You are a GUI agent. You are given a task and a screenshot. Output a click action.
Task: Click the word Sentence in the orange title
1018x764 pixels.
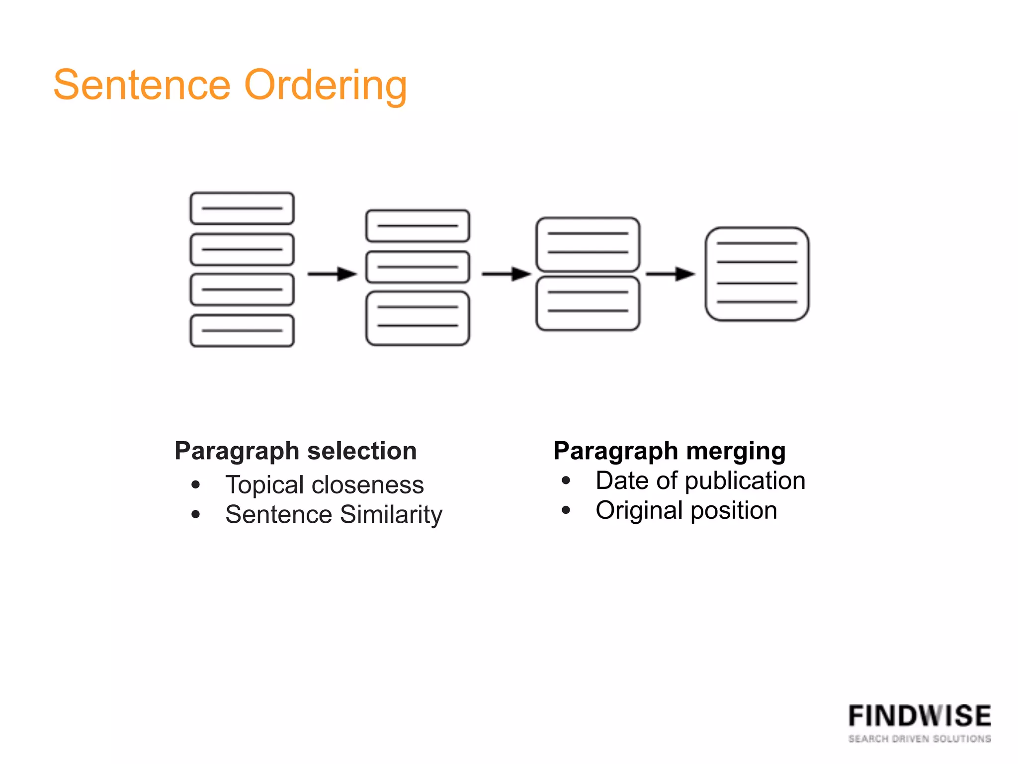(142, 85)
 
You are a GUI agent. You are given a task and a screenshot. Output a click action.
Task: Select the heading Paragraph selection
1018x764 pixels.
(296, 451)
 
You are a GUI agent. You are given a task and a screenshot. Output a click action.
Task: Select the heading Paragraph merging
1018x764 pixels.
(670, 451)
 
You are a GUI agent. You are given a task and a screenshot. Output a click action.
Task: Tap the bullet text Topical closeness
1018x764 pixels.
(325, 484)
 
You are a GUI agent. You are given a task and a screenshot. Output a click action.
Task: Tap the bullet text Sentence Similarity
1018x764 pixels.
(334, 514)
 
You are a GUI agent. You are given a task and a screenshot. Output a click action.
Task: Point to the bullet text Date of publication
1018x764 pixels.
(700, 480)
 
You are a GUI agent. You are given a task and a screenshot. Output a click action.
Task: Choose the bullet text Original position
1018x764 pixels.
(686, 510)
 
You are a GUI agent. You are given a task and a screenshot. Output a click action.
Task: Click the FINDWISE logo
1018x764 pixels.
(920, 716)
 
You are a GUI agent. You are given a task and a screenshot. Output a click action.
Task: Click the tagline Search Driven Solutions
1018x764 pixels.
(920, 739)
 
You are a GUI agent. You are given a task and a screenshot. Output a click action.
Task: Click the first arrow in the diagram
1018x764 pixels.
(332, 274)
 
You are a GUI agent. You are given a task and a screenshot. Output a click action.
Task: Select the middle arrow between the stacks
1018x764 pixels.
(506, 274)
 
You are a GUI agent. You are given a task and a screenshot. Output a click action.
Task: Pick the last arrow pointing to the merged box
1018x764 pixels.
(670, 274)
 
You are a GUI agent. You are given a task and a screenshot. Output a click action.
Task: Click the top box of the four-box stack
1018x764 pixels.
(242, 208)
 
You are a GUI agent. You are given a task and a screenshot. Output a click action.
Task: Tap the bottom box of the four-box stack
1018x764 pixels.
(242, 331)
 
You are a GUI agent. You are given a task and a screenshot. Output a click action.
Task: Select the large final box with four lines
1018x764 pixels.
(757, 274)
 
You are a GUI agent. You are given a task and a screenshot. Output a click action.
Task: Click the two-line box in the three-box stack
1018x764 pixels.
(418, 318)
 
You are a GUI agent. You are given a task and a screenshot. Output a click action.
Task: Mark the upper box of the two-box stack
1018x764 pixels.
(588, 244)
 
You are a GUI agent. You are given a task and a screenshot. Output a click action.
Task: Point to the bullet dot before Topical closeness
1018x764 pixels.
(196, 484)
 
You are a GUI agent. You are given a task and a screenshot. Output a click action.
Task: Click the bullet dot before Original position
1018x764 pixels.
(566, 510)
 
